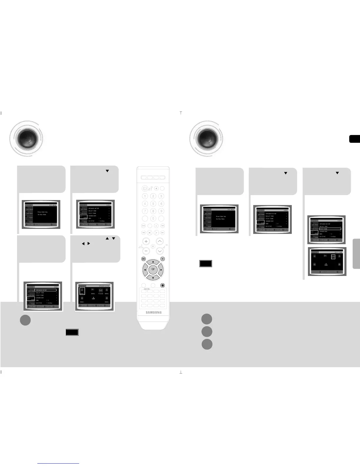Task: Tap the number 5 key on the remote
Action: point(153,204)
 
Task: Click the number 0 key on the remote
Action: point(153,218)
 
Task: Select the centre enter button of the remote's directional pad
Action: point(153,269)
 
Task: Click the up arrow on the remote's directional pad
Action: point(153,262)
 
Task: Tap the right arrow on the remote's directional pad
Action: point(161,269)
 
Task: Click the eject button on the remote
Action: point(156,188)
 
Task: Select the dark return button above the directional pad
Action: point(162,259)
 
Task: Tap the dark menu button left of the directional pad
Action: point(144,259)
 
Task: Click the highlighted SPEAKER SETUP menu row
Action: point(45,290)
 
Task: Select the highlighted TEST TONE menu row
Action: point(330,229)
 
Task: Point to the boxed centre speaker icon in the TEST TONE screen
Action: point(333,257)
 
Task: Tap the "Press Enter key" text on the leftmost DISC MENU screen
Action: point(43,212)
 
